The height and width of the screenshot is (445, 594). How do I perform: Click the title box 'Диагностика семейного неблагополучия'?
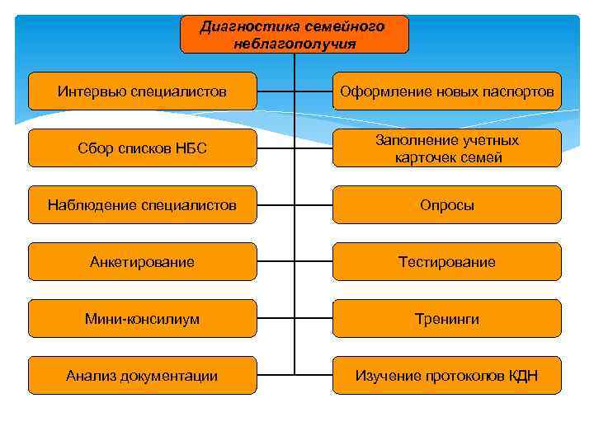click(294, 35)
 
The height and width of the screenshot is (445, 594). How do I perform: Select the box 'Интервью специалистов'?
click(142, 91)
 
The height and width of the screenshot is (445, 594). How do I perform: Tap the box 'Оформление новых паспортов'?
click(446, 91)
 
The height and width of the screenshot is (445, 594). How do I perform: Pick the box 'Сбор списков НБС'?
click(142, 148)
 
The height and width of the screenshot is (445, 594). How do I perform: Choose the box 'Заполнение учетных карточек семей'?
click(446, 148)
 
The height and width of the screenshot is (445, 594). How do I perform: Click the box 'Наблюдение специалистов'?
click(142, 205)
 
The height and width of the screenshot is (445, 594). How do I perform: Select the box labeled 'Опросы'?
click(446, 205)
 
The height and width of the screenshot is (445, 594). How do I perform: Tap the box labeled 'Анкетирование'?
click(142, 262)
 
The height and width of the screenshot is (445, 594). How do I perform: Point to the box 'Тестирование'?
click(446, 262)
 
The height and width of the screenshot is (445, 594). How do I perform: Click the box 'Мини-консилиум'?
click(142, 319)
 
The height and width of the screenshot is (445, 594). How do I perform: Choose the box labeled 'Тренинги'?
click(446, 319)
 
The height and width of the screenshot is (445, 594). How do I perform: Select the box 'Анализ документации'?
click(142, 376)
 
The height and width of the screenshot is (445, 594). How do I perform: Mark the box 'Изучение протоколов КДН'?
click(446, 376)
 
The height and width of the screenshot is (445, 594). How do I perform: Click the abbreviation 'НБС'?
click(194, 148)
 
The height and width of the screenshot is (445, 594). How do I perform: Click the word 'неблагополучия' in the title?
click(295, 43)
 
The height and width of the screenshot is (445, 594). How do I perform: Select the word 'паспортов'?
click(521, 91)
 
